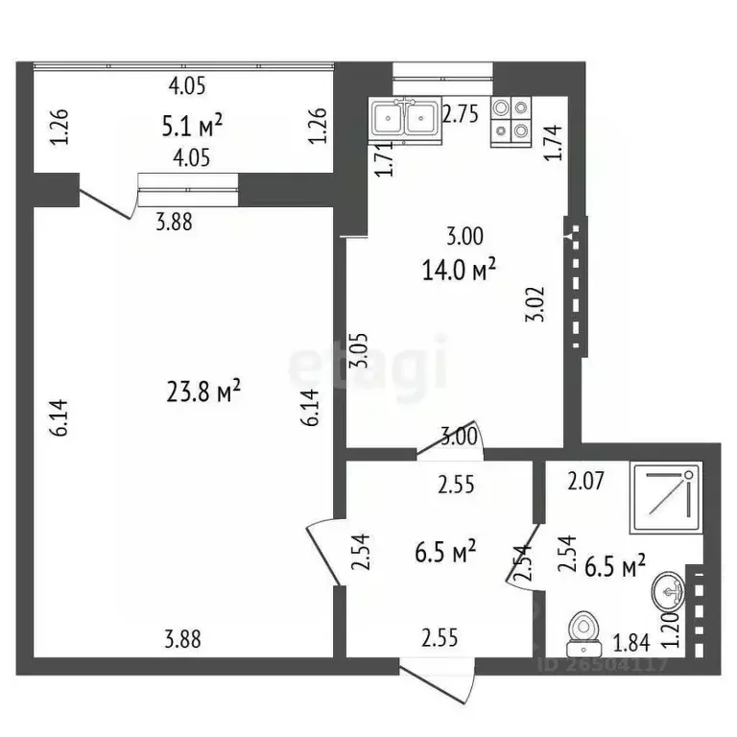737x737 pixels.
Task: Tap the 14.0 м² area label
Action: coord(459,271)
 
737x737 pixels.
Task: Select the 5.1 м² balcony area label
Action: coord(193,124)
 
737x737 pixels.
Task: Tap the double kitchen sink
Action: coord(404,119)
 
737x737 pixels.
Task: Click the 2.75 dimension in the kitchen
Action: coord(461,113)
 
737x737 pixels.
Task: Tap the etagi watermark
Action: coord(368,363)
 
